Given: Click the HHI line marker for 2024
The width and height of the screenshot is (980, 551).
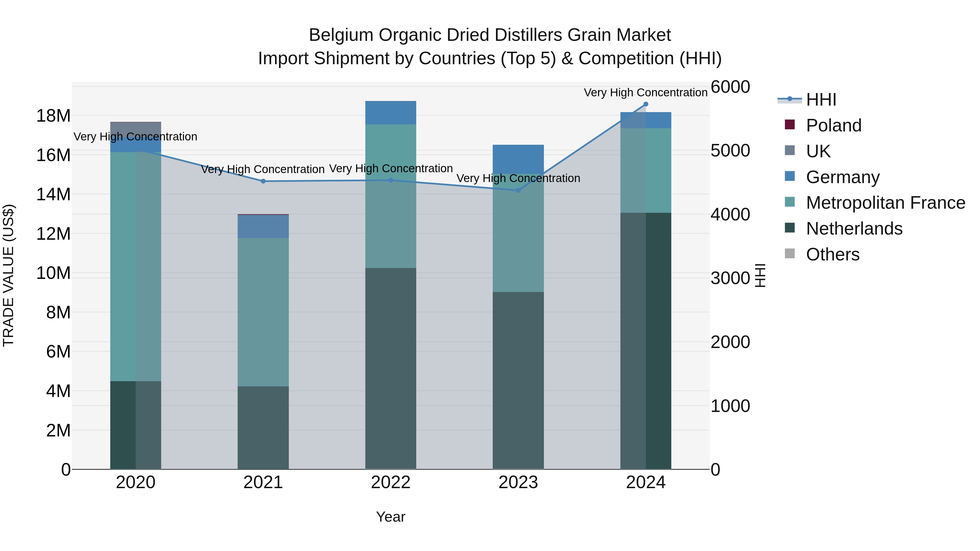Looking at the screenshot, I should (x=646, y=104).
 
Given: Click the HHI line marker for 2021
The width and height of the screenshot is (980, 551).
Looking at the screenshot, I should (x=263, y=181).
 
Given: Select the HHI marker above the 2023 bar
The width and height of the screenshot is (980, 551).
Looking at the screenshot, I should (x=518, y=190).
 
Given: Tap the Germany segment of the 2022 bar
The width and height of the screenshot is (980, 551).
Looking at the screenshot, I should (x=391, y=113).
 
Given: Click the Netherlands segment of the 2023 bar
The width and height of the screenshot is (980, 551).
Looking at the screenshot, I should (x=518, y=380).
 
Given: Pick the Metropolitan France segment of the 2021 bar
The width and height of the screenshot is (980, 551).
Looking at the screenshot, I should (x=263, y=312).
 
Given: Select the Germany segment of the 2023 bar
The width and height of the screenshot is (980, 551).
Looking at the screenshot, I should (x=518, y=159).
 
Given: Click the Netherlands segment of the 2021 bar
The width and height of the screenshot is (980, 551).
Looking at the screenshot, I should (x=263, y=428).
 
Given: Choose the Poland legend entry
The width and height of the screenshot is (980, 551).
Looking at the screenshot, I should (x=833, y=125).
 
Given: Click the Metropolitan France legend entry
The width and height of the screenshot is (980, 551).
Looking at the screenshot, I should (x=885, y=203).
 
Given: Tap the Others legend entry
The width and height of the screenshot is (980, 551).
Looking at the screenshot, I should (x=832, y=255).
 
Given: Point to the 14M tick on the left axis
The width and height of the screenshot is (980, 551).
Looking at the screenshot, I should (x=53, y=194).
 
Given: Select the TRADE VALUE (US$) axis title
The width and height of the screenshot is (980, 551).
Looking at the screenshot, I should (x=8, y=275).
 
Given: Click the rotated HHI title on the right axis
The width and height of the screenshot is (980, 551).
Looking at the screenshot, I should (x=760, y=275).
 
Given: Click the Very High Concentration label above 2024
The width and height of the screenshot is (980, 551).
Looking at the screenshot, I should (x=646, y=93).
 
